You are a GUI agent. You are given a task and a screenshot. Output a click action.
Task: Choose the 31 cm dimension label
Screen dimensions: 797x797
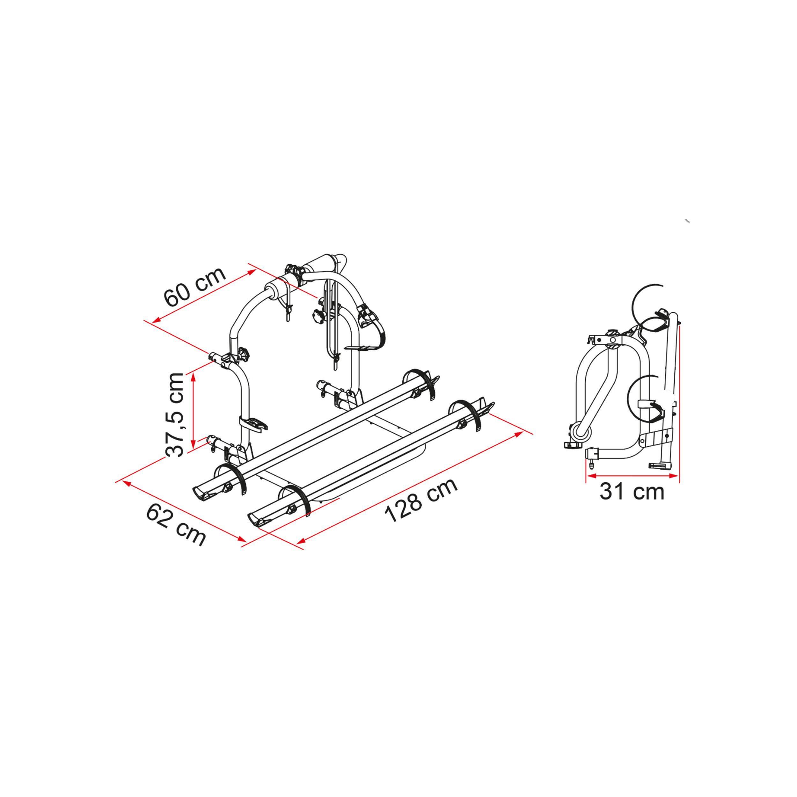632,491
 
